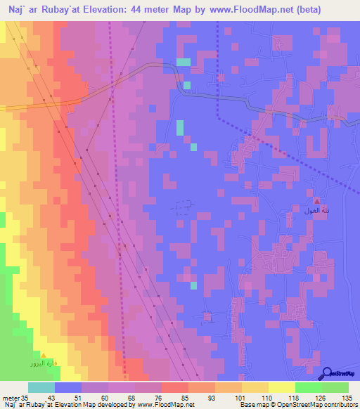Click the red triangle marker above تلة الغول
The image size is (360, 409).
pyautogui.click(x=317, y=202)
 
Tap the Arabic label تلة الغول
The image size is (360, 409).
pyautogui.click(x=316, y=211)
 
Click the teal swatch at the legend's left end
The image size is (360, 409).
pyautogui.click(x=41, y=387)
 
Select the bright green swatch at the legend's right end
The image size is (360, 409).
pyautogui.click(x=335, y=387)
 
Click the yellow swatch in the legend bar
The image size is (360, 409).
pyautogui.click(x=281, y=387)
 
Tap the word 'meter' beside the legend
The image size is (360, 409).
pyautogui.click(x=8, y=397)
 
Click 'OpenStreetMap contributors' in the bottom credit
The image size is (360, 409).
pyautogui.click(x=320, y=405)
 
